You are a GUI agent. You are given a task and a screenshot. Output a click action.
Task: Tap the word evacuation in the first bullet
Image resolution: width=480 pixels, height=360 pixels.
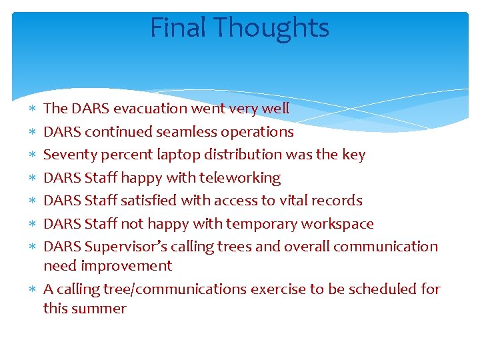point(151,108)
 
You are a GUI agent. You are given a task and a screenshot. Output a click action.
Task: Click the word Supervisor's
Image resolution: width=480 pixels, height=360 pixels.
point(125,247)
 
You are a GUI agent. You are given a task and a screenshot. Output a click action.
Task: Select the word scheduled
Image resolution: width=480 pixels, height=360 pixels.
point(371,289)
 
